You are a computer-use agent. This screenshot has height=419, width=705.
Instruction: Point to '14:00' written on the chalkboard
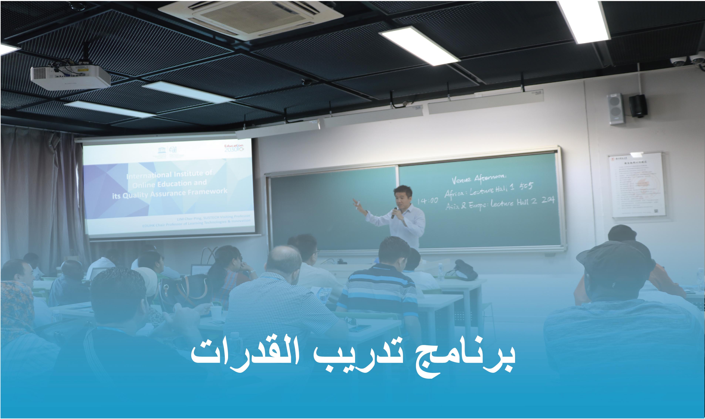tap(427, 201)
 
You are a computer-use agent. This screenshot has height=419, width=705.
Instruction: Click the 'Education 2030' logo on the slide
tap(234, 148)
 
